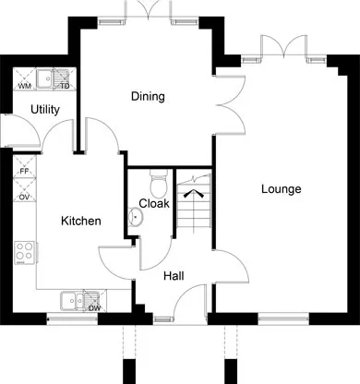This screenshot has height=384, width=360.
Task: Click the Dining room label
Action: (148, 97)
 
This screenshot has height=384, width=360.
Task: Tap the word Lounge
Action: (282, 189)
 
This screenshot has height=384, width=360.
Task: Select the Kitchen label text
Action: (81, 221)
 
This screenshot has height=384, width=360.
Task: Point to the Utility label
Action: (45, 110)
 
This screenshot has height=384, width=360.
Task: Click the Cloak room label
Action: (154, 203)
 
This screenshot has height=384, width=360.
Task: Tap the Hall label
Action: (174, 276)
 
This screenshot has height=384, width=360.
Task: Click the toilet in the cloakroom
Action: (159, 184)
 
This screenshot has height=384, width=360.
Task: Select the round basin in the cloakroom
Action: (135, 216)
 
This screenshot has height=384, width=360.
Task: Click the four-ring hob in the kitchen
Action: (25, 253)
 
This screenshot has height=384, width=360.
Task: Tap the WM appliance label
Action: (24, 86)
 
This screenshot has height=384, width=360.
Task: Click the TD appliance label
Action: (65, 86)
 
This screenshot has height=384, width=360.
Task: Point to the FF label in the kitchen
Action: (24, 172)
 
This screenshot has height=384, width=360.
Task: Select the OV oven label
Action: (24, 197)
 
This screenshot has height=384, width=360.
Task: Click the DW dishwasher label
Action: (94, 308)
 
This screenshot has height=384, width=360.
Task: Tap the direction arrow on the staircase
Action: (194, 194)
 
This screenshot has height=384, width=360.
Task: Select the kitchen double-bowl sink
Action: (79, 300)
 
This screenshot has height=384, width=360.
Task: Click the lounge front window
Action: (283, 318)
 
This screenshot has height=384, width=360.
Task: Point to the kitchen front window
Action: (72, 318)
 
